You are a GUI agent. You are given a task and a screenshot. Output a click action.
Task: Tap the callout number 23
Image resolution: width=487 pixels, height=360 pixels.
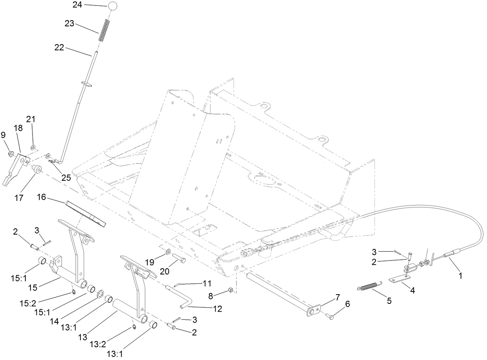click(x=70, y=23)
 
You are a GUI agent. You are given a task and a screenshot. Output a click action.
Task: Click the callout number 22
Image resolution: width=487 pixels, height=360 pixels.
click(x=60, y=48)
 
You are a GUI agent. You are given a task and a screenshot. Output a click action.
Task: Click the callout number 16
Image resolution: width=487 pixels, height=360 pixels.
click(x=41, y=197)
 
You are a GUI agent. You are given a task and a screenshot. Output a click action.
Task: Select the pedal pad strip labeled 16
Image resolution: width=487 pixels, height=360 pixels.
click(x=86, y=213)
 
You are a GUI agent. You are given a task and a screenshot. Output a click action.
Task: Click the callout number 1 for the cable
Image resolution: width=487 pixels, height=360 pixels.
click(x=460, y=276)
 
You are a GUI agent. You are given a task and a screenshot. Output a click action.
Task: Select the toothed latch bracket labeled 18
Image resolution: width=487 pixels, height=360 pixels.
click(x=15, y=170)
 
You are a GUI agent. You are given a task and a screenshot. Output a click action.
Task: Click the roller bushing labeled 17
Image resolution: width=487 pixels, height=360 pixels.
click(x=37, y=170)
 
